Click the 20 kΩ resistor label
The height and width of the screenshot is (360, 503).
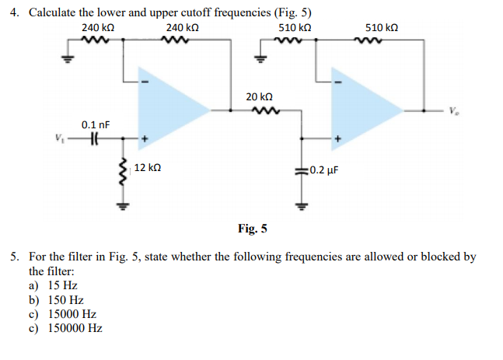tap(259, 97)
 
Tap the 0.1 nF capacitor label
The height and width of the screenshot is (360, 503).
tap(96, 124)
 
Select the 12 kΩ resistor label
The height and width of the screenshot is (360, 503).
tap(148, 168)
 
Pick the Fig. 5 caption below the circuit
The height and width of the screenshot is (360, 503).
tap(252, 229)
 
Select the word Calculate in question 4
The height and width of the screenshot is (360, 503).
tap(54, 15)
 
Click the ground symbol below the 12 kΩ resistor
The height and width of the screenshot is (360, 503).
tap(121, 207)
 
